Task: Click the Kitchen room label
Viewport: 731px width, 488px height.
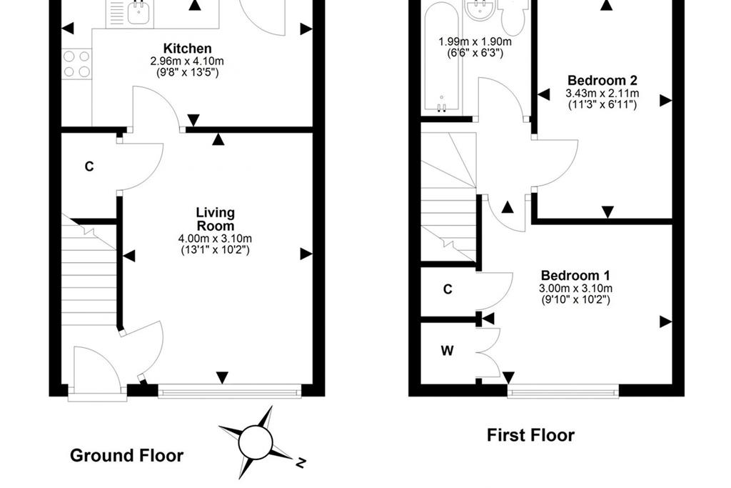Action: point(188,49)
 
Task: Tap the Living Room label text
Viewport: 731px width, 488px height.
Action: point(215,219)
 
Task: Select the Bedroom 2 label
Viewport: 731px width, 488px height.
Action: point(603,80)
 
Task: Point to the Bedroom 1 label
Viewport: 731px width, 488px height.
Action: point(575,275)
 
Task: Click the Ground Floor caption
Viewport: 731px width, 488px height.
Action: point(127,455)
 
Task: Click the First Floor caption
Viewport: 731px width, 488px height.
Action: point(530,435)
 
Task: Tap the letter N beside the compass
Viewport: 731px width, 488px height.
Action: point(301,462)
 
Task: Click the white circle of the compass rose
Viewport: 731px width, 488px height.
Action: point(255,442)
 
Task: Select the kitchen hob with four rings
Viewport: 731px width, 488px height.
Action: point(77,64)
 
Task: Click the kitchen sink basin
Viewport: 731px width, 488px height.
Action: point(138,14)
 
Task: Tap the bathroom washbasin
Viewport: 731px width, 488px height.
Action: point(480,10)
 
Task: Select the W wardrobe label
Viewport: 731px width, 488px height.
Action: point(447,350)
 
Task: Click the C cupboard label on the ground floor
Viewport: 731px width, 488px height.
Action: point(89,166)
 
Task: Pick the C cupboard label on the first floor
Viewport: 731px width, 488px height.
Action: point(448,289)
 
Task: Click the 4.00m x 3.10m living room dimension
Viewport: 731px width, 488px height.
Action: point(215,239)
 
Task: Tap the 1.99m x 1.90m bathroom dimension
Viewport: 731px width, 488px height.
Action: point(475,41)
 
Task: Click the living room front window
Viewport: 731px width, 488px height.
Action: point(230,391)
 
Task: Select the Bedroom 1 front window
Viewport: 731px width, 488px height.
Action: point(563,391)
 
